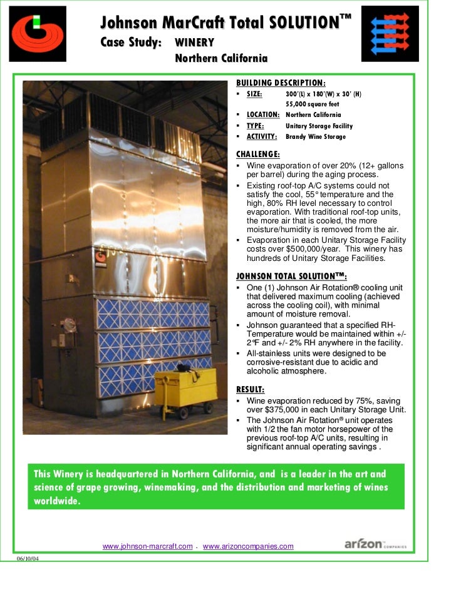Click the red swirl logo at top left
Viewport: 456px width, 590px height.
[x=38, y=33]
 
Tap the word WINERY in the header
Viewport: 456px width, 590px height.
[x=195, y=43]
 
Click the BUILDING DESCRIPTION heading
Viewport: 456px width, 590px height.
[x=280, y=83]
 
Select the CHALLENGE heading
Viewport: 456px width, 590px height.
[x=257, y=154]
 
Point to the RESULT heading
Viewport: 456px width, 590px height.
[x=249, y=389]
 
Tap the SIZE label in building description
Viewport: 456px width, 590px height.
[x=254, y=94]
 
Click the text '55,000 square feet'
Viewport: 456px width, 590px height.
[x=313, y=104]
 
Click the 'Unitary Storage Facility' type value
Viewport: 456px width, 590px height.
[x=319, y=126]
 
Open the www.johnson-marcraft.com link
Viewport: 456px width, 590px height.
[x=147, y=546]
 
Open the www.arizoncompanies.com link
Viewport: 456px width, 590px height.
[x=248, y=546]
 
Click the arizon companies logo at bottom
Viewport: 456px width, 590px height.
[x=375, y=544]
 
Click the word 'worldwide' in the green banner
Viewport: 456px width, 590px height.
[x=57, y=501]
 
